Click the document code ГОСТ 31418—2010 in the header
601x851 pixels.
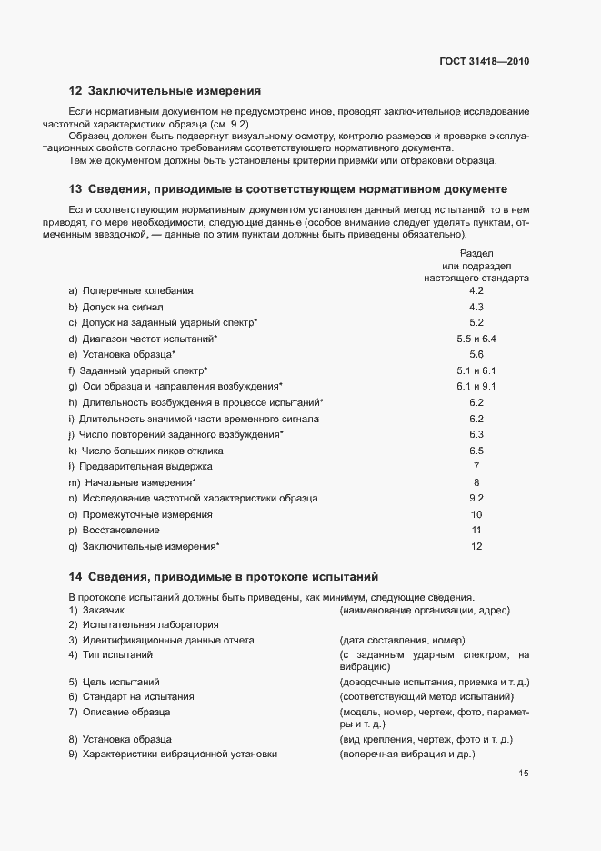[x=482, y=62]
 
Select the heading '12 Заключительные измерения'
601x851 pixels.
[x=165, y=91]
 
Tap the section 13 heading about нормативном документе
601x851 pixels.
[x=287, y=189]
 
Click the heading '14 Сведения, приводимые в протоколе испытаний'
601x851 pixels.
[x=223, y=576]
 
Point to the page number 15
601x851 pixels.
[x=524, y=774]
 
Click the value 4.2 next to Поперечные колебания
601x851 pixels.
[x=476, y=290]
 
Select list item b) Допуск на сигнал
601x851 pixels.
[x=115, y=307]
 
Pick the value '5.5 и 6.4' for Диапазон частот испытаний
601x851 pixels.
[x=476, y=339]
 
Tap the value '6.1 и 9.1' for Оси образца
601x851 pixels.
[x=476, y=386]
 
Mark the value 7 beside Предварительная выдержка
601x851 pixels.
[x=476, y=466]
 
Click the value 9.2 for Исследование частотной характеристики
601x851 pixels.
[x=476, y=498]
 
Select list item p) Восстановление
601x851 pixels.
[x=114, y=530]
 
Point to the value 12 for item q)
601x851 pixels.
[x=476, y=546]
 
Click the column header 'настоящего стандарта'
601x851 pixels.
[x=476, y=278]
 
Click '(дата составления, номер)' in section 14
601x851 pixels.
[x=401, y=640]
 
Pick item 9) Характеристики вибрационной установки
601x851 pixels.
[x=172, y=755]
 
